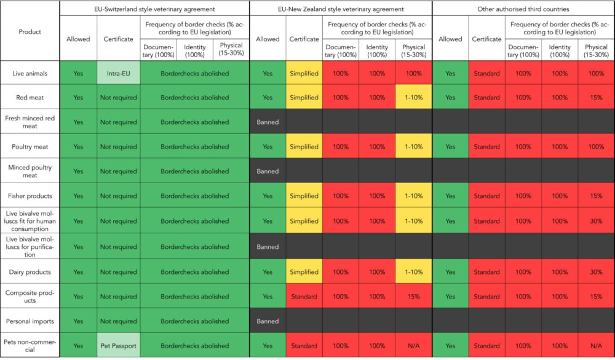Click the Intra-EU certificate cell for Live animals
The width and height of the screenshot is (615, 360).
(x=118, y=73)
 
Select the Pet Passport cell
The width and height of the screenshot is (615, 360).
(x=118, y=346)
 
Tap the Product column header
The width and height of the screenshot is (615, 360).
(x=30, y=32)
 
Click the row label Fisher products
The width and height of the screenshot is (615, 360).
(x=30, y=196)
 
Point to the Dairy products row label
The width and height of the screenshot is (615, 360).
(x=30, y=272)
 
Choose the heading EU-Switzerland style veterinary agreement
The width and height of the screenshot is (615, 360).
(x=154, y=9)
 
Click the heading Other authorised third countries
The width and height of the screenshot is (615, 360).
(x=523, y=9)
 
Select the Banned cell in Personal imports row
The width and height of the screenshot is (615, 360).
(x=268, y=321)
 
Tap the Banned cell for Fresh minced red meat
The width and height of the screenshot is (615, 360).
(x=268, y=122)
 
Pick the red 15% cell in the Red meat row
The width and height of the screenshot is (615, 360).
(x=596, y=98)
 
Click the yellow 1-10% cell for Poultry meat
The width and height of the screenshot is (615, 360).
(x=413, y=147)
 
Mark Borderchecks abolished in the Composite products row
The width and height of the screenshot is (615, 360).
(x=194, y=297)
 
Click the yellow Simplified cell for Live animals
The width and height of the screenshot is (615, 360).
(x=304, y=73)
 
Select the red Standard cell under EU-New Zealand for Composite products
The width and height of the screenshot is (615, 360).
(x=304, y=297)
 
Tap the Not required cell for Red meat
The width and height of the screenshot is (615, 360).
(x=118, y=98)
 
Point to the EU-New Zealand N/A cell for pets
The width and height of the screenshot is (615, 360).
(x=413, y=346)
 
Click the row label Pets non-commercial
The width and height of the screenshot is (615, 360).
(x=30, y=346)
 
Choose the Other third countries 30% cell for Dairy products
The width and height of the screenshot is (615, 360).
(x=596, y=272)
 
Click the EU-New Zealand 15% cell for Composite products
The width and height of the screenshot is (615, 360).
(x=413, y=297)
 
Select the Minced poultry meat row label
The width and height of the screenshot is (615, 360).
(x=30, y=171)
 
